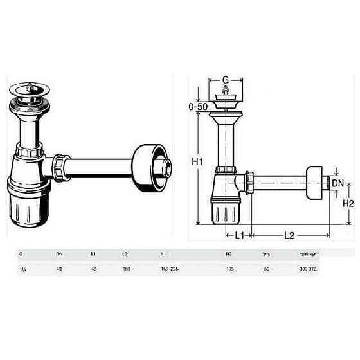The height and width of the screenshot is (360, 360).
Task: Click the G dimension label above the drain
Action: [226, 80]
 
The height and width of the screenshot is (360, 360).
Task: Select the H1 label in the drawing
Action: [197, 161]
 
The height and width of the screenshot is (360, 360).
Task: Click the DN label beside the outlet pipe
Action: [337, 183]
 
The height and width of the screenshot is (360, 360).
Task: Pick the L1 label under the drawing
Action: [237, 235]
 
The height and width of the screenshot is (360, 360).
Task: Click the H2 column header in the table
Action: [228, 254]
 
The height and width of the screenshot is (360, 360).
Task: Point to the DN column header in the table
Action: [59, 254]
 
